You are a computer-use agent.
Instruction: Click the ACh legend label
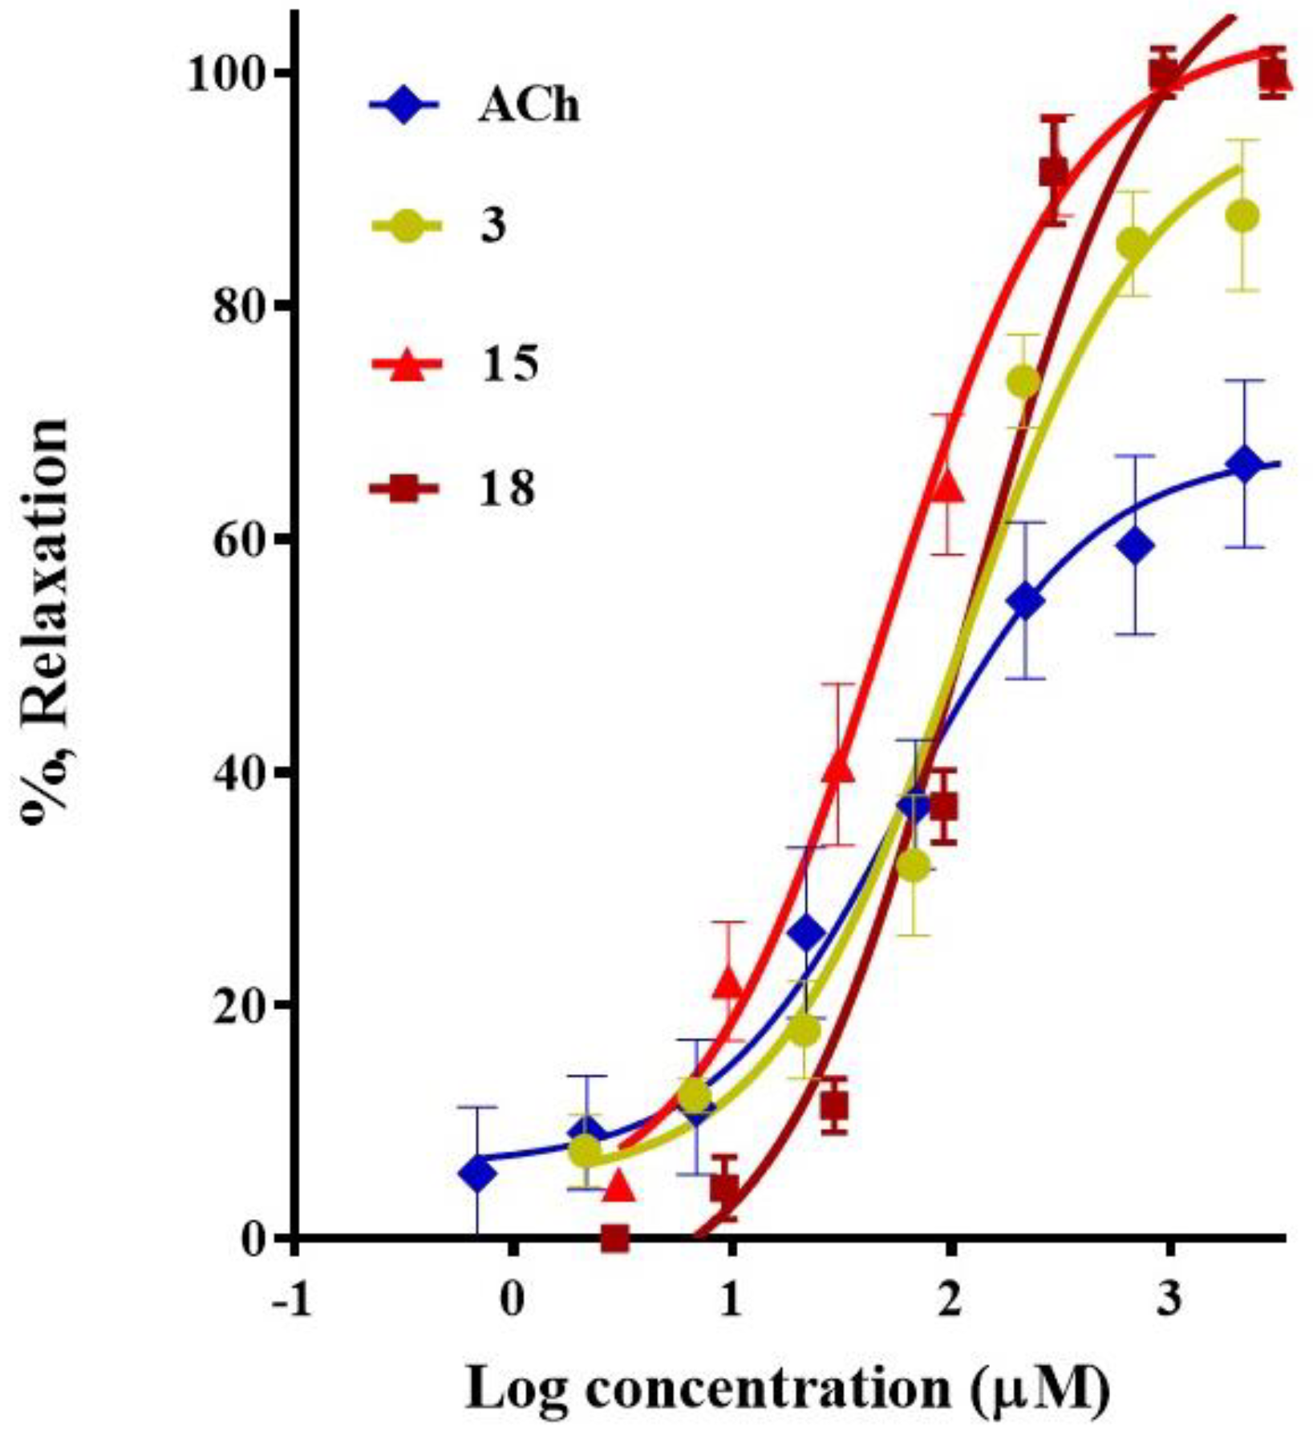(x=528, y=107)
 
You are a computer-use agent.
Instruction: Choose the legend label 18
(x=506, y=487)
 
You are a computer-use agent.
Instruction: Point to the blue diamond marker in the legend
(x=404, y=107)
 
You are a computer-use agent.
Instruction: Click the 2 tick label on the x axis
(x=950, y=1300)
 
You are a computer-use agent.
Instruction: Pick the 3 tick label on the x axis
(x=1169, y=1300)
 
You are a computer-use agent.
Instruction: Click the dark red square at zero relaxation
(x=615, y=1238)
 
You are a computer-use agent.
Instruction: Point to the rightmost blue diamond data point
(x=1244, y=465)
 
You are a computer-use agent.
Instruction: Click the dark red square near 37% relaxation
(x=945, y=807)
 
